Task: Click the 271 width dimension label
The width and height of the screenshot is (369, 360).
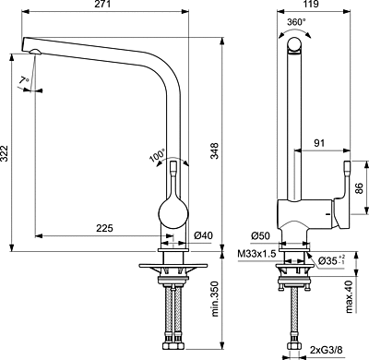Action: click(x=103, y=5)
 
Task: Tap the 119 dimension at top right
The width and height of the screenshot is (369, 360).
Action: click(x=311, y=5)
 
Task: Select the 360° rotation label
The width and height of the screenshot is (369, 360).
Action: click(x=296, y=22)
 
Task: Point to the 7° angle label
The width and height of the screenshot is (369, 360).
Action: click(x=24, y=80)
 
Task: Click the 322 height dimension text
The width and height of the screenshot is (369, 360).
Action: click(x=5, y=152)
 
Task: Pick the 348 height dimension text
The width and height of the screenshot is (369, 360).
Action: click(x=214, y=150)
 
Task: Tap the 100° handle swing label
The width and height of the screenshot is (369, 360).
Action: click(x=158, y=155)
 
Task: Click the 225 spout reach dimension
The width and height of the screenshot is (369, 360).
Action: click(x=104, y=228)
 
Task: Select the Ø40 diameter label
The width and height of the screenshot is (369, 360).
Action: click(x=203, y=235)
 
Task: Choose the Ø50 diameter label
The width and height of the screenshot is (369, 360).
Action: click(x=260, y=236)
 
